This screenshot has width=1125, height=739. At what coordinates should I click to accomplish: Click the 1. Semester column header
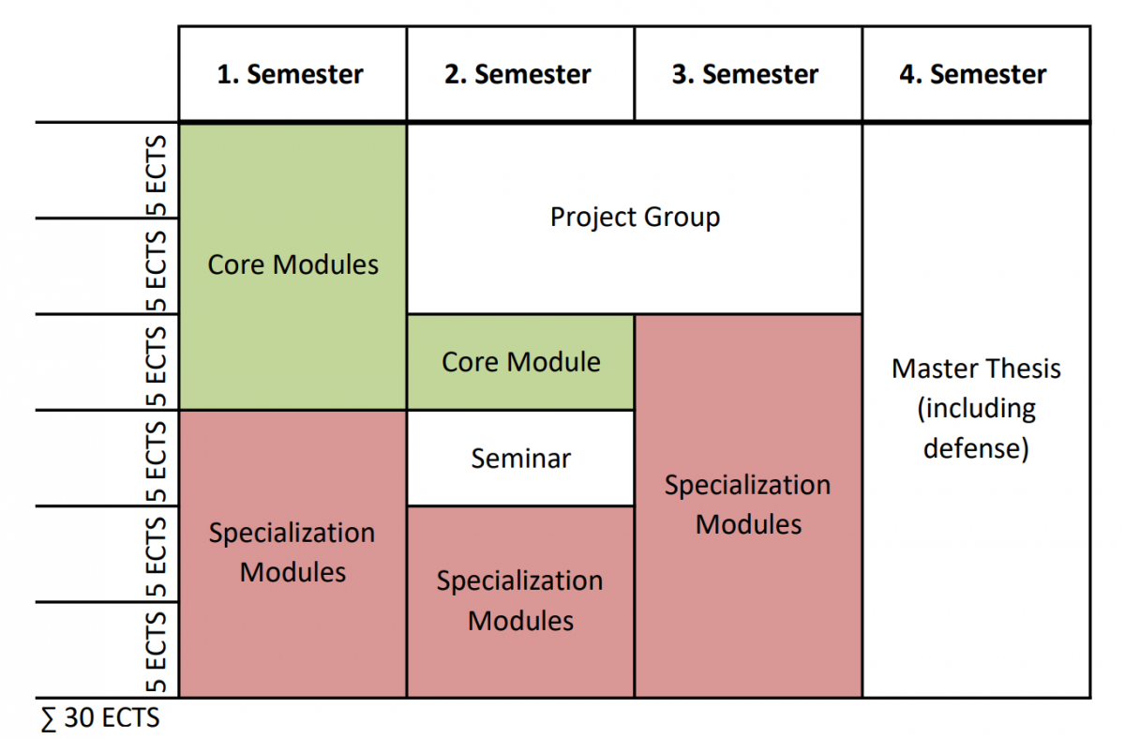point(292,74)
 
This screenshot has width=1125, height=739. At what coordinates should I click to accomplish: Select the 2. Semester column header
point(520,74)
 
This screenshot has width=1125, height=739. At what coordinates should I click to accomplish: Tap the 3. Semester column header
point(748,74)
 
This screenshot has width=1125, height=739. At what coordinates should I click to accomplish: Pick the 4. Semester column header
point(976,74)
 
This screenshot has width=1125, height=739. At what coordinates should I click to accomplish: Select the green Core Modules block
point(292,266)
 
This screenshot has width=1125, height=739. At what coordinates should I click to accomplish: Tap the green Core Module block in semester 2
point(520,362)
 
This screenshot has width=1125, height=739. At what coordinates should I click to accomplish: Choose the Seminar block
point(520,459)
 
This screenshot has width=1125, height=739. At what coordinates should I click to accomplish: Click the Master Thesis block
point(976,410)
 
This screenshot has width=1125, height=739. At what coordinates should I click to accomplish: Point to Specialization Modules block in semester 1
point(292,553)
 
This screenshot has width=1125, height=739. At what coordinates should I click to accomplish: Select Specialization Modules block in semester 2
point(520,602)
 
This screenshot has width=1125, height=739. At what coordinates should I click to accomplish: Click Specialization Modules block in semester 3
point(748,505)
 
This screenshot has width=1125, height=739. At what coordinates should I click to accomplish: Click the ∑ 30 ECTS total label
point(100,717)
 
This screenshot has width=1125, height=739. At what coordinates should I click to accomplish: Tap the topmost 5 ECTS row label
point(157,175)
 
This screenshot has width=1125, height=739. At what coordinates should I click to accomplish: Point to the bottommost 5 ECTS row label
point(157,652)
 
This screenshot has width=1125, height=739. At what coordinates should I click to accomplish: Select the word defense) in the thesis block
point(976,448)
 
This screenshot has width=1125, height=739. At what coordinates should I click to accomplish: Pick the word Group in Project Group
point(682,218)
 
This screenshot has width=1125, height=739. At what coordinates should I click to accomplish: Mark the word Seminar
point(521,459)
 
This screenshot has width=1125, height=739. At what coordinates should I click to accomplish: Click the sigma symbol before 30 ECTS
point(49,719)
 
